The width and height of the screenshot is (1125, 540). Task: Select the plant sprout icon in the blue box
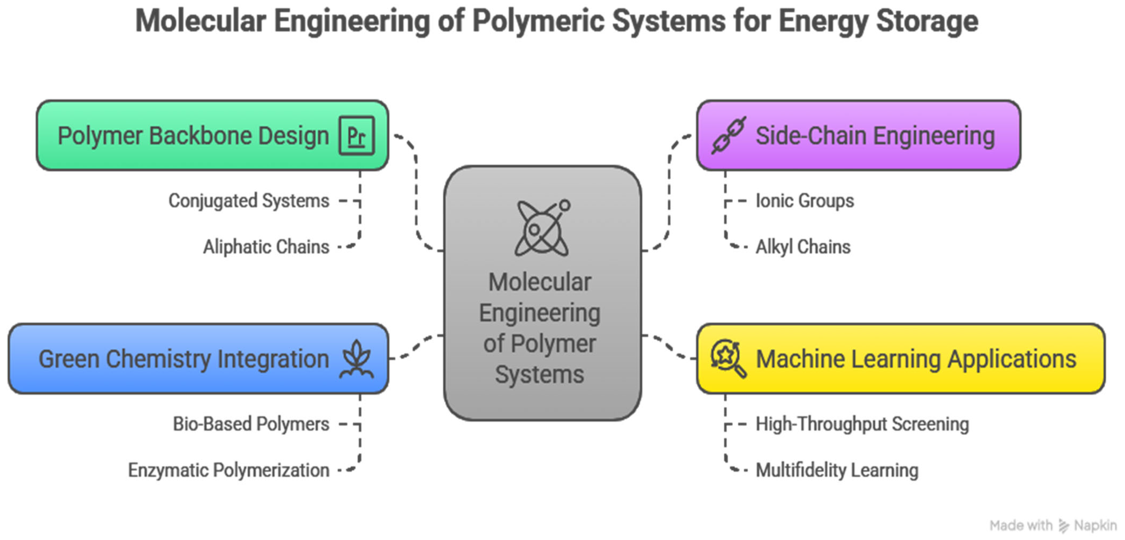tap(357, 359)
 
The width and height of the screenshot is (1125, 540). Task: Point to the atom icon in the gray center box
tap(542, 227)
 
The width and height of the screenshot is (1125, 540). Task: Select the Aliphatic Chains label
tap(266, 247)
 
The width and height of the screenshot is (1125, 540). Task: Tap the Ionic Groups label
tap(804, 201)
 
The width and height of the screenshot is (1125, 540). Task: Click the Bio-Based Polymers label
tap(251, 424)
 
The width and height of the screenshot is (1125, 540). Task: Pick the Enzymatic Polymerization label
tap(229, 471)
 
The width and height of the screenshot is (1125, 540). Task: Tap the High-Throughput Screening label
tap(862, 424)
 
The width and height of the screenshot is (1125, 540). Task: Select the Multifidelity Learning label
tap(837, 471)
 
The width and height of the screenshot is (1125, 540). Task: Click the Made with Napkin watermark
tap(1053, 525)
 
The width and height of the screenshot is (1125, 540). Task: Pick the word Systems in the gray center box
tap(539, 375)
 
